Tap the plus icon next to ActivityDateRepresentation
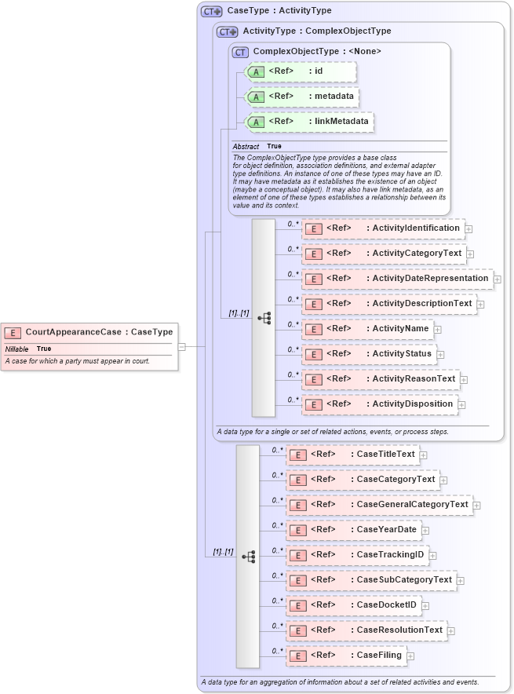point(498,279)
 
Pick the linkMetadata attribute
point(310,122)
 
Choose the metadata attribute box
point(303,97)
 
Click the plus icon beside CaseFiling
point(410,656)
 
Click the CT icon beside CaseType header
point(211,11)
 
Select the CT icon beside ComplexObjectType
point(240,52)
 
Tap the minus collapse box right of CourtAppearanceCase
point(181,345)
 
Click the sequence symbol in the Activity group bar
point(264,318)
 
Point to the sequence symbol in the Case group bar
point(248,556)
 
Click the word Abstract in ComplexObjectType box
point(246,147)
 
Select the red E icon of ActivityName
point(313,329)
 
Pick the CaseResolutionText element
point(366,630)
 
